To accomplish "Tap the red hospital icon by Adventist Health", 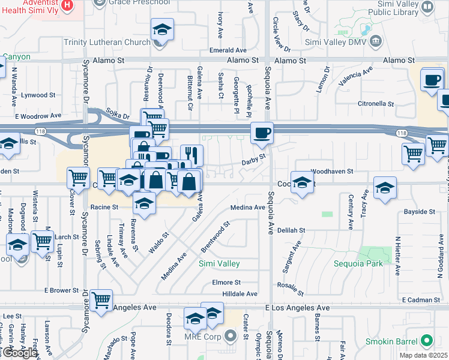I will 67,5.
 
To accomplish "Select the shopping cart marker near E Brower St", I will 101,299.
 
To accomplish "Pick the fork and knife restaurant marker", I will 191,155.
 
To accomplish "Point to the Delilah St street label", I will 291,230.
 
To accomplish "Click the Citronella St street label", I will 391,103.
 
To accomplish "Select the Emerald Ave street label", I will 229,50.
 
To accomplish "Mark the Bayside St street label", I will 419,212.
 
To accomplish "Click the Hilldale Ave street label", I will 240,294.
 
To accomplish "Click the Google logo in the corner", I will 19,353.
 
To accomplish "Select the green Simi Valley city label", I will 219,263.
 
